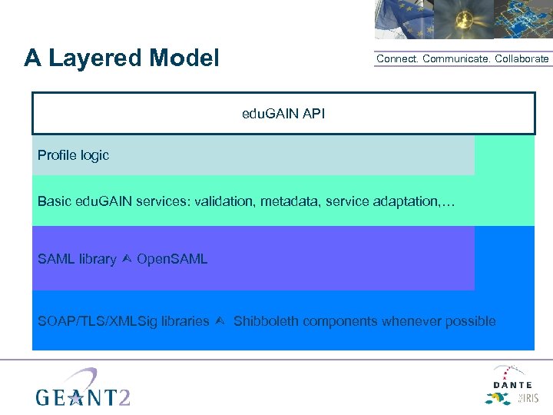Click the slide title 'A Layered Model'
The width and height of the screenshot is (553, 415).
point(121,58)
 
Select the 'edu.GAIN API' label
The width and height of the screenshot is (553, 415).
point(283,114)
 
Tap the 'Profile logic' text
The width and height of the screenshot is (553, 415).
point(73,155)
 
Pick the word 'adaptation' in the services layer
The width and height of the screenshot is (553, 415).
point(407,201)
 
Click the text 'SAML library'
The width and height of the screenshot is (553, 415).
point(77,259)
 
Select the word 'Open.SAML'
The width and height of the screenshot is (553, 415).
point(172,259)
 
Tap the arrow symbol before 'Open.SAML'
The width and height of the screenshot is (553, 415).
point(127,259)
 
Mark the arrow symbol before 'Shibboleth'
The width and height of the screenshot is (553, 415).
point(220,321)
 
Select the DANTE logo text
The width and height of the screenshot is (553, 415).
point(512,383)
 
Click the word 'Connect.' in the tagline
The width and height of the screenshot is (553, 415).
point(397,59)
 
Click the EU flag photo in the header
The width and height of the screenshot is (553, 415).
point(402,19)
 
